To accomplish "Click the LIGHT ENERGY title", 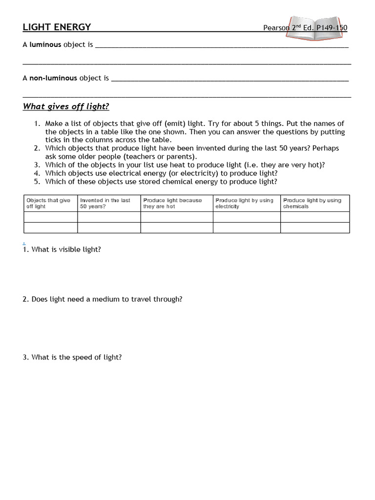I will pos(57,27).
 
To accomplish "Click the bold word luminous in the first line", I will pos(45,44).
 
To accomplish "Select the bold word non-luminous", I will pos(53,78).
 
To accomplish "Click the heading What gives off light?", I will pos(66,106).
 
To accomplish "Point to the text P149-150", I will pos(332,28).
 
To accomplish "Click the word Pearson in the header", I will pos(276,28).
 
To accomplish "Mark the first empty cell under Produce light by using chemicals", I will pos(315,217).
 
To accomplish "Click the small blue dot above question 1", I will pos(23,243).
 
